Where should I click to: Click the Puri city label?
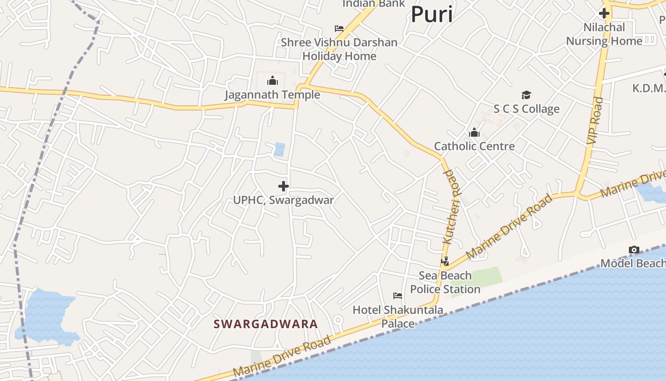(x=431, y=14)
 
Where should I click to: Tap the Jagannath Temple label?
(x=272, y=95)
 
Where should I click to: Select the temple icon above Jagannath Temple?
(x=273, y=80)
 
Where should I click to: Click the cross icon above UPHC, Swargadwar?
(x=284, y=186)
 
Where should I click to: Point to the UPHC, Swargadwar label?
(x=284, y=200)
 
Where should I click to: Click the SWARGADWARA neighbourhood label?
(x=265, y=324)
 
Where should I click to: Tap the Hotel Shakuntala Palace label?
(x=398, y=317)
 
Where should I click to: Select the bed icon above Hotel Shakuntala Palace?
(x=398, y=296)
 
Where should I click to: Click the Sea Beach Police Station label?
(x=445, y=282)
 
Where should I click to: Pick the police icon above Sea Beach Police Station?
(x=445, y=261)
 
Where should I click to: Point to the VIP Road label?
(x=595, y=121)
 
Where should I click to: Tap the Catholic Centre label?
(x=474, y=146)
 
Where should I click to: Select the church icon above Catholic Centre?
(x=474, y=132)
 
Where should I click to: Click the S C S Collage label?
(x=526, y=109)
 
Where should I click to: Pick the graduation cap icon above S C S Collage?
(x=526, y=95)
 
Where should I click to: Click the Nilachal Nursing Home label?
(x=604, y=34)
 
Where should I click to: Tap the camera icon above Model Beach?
(x=634, y=250)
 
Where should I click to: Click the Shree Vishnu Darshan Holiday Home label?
(x=339, y=49)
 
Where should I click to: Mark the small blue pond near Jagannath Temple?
(x=280, y=150)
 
